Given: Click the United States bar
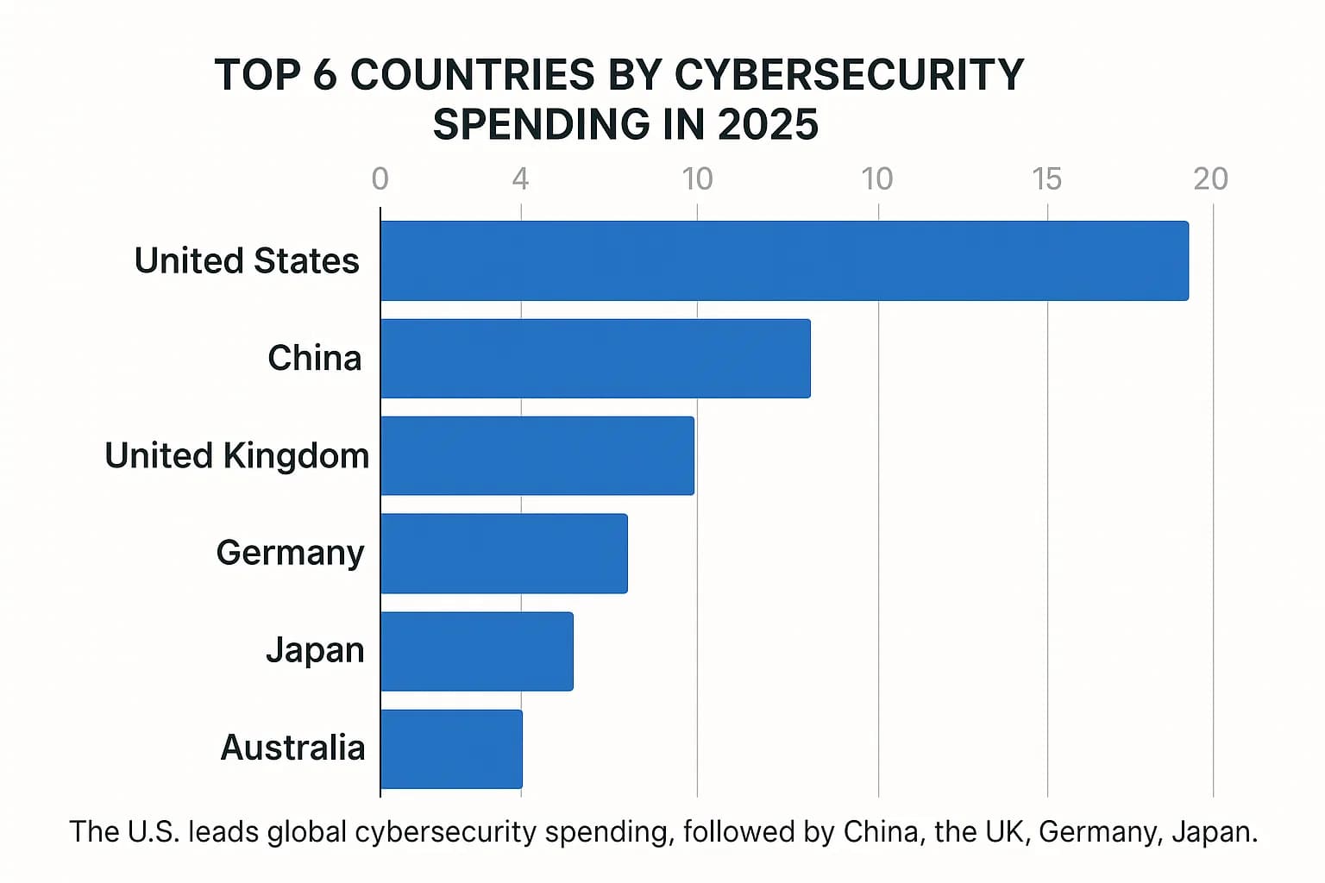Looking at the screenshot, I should (x=784, y=260).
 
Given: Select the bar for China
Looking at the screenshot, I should (x=595, y=358).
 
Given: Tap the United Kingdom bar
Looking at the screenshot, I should (x=537, y=455).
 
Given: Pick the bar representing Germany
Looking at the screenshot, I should (x=504, y=553).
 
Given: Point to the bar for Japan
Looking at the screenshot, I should (x=476, y=651).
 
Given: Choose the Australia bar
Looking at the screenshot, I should (x=451, y=748).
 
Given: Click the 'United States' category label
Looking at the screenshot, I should (x=247, y=260).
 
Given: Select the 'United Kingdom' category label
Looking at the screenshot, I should (x=236, y=455).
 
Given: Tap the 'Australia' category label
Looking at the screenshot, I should (x=292, y=748).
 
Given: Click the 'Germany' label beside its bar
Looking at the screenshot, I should (x=290, y=553).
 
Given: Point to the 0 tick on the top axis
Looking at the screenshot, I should (x=380, y=178).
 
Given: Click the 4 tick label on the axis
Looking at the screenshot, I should (x=520, y=178).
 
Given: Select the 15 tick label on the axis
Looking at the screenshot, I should (x=1046, y=178).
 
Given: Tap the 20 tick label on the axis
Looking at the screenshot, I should (x=1210, y=178).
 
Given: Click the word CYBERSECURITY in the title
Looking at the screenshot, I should (x=849, y=75).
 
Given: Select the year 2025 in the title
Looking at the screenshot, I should (x=767, y=125).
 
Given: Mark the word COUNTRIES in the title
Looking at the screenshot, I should (x=472, y=75).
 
